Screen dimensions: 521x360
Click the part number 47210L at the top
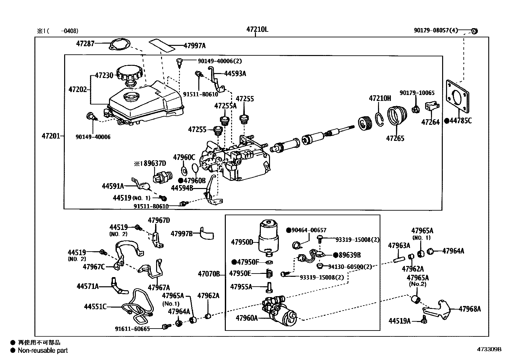pyautogui.click(x=257, y=29)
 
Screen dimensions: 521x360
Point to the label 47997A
pyautogui.click(x=195, y=46)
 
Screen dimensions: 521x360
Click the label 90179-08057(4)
pyautogui.click(x=436, y=30)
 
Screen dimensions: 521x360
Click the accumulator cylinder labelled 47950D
pyautogui.click(x=269, y=237)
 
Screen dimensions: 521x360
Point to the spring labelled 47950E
pyautogui.click(x=269, y=274)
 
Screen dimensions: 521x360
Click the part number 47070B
pyautogui.click(x=209, y=274)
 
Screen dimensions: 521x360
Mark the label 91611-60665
pyautogui.click(x=132, y=329)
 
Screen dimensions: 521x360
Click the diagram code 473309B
pyautogui.click(x=489, y=349)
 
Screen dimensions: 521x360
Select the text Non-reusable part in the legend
pyautogui.click(x=43, y=351)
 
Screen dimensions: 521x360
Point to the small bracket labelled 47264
pyautogui.click(x=432, y=106)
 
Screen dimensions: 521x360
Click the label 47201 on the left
pyautogui.click(x=51, y=136)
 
